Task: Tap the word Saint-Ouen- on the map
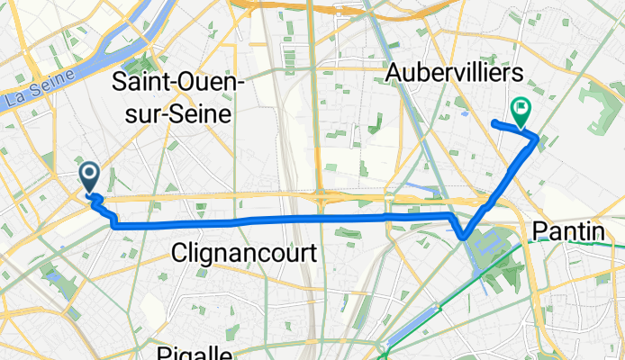tap(179, 83)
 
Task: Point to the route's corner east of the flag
tap(538, 138)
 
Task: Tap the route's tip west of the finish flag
tap(494, 121)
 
